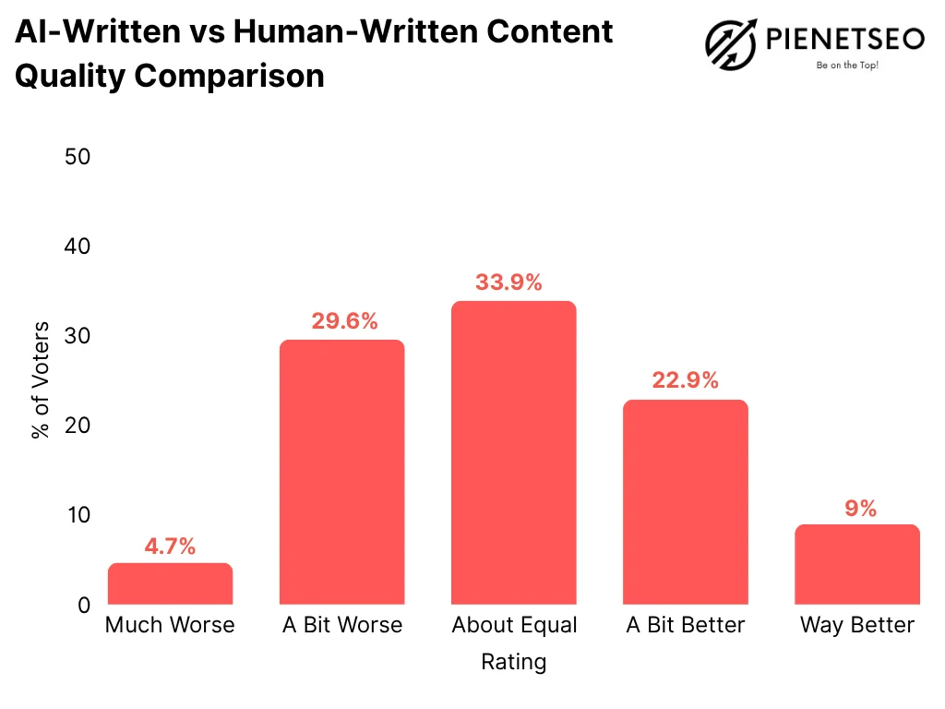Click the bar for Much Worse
coord(170,583)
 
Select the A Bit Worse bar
coord(341,472)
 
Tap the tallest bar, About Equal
coord(513,452)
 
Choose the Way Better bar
coord(857,564)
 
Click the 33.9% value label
coord(508,282)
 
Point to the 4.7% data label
coord(170,546)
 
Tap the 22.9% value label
coord(685,380)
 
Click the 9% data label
coord(860,508)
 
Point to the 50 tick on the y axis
coord(78,157)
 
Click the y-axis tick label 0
coord(84,605)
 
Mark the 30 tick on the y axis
coord(78,336)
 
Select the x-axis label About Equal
coord(514,625)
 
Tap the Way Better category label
coord(857,625)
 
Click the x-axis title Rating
coord(513,662)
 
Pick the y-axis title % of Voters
coord(42,380)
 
